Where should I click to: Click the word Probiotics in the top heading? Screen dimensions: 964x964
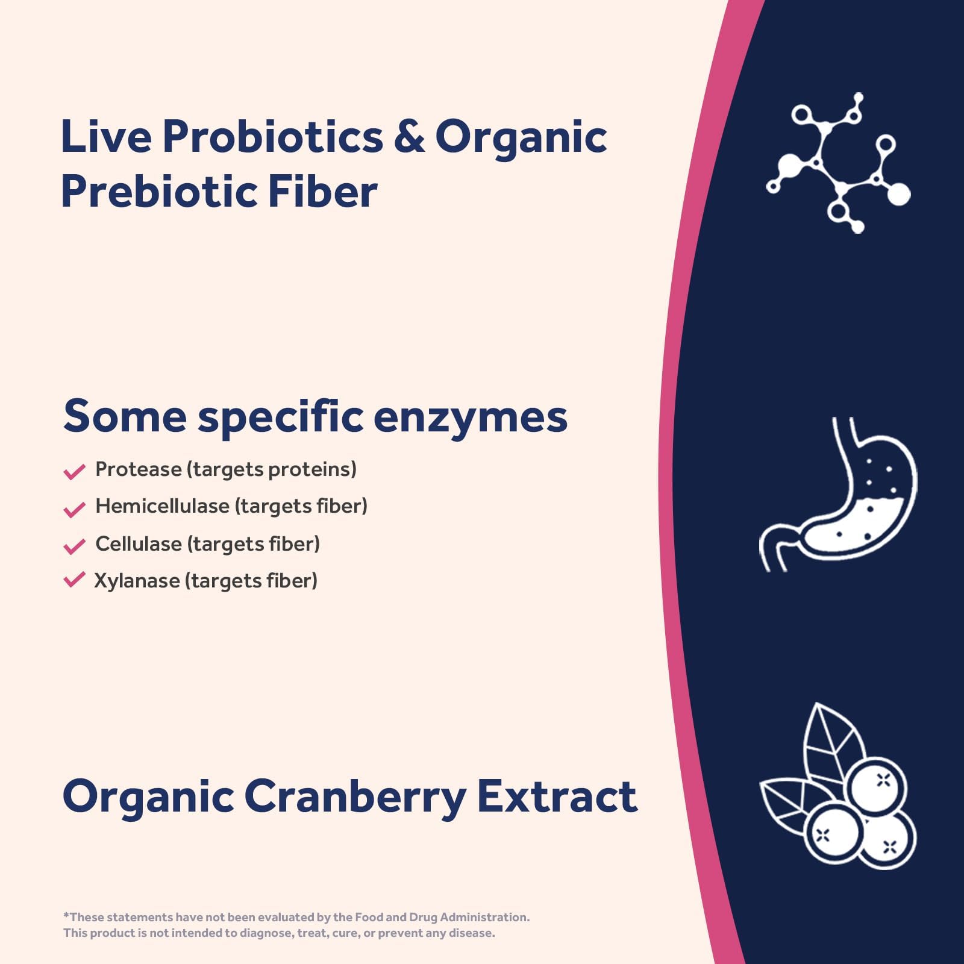point(272,137)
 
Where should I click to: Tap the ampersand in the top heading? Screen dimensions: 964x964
point(409,136)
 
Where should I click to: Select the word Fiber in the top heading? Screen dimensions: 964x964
point(322,192)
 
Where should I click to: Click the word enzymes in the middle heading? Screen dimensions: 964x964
point(470,417)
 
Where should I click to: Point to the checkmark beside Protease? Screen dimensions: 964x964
point(74,471)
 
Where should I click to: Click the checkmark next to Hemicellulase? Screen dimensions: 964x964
point(74,509)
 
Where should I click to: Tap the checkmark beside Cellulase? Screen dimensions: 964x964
point(74,546)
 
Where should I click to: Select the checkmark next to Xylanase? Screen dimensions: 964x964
point(74,580)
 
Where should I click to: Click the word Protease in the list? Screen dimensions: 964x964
point(138,469)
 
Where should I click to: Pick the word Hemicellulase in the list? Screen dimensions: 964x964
point(162,506)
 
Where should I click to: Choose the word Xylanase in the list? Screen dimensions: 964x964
point(137,581)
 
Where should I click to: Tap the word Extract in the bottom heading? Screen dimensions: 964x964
point(557,797)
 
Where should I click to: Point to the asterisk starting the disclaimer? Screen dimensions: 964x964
point(66,916)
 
